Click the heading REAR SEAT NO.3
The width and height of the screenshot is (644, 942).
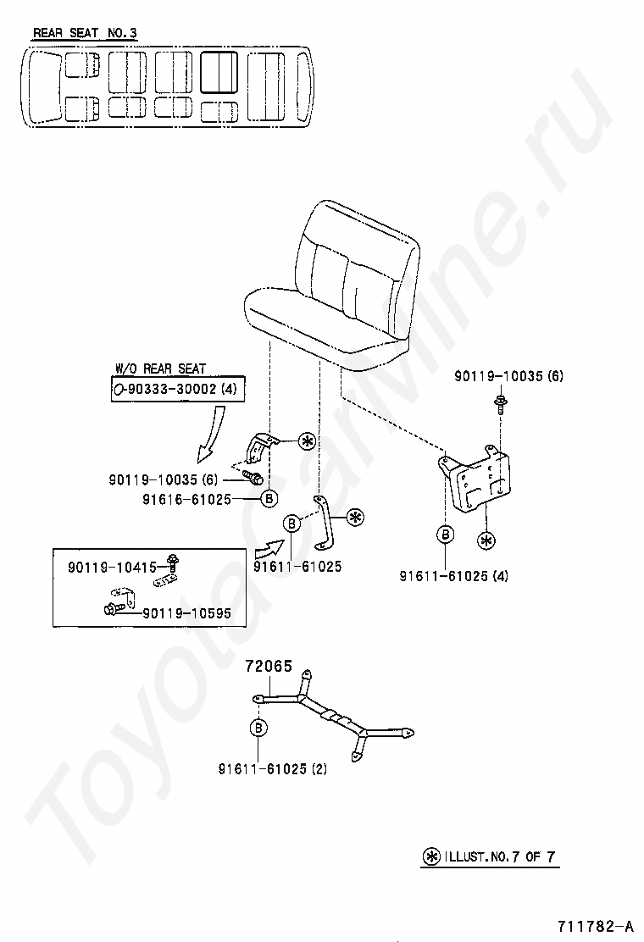click(85, 34)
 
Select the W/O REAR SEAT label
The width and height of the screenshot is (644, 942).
click(160, 368)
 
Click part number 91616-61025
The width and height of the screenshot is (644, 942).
click(187, 499)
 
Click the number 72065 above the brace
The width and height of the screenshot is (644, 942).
click(269, 667)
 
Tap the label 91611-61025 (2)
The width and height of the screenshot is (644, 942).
click(272, 769)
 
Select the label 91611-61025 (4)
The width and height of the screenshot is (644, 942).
click(454, 576)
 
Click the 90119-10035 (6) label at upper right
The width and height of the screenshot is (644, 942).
click(508, 375)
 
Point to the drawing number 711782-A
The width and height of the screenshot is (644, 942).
click(595, 925)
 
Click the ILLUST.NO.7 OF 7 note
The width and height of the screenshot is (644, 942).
click(491, 856)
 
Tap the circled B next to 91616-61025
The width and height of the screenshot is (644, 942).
click(268, 499)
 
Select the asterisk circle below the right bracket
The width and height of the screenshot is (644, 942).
click(486, 539)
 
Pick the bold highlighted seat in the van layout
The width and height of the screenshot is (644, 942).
click(219, 72)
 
